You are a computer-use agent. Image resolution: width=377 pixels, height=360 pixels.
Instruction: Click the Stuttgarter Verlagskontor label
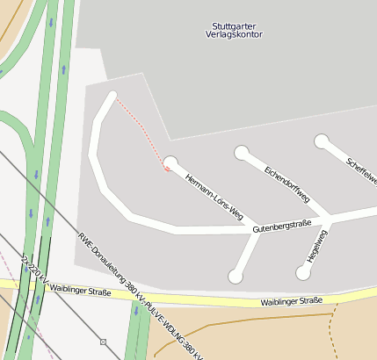[237, 30]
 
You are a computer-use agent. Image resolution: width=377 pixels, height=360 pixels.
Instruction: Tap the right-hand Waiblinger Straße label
[292, 301]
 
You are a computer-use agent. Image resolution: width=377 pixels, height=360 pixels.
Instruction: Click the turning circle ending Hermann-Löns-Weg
[170, 162]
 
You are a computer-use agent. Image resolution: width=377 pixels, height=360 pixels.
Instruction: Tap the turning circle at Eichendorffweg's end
[242, 154]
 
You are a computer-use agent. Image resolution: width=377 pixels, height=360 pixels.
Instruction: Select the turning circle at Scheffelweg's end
[322, 140]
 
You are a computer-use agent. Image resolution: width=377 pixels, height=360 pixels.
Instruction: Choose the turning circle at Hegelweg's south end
[303, 273]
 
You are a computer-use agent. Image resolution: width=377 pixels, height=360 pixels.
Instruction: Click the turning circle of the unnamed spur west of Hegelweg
[236, 277]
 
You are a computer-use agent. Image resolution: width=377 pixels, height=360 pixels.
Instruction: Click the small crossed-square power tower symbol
[103, 342]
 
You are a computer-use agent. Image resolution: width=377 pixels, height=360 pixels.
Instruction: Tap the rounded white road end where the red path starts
[112, 95]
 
